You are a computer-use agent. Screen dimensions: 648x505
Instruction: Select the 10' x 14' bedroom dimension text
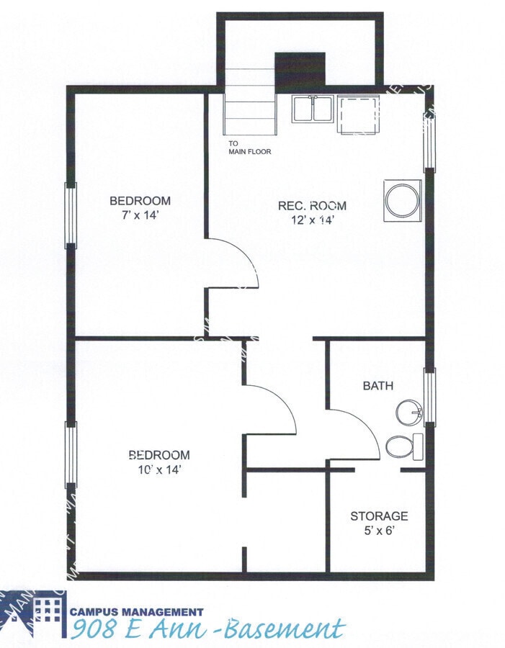pos(159,469)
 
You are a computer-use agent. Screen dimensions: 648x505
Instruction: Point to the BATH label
pos(377,386)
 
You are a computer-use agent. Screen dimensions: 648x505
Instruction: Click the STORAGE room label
pos(379,516)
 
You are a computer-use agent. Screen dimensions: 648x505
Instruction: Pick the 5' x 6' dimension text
pos(379,531)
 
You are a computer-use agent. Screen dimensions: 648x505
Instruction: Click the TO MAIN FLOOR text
pos(250,148)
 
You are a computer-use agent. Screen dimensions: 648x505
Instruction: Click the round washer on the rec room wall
pos(402,201)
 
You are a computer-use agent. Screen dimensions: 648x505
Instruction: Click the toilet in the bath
pos(403,446)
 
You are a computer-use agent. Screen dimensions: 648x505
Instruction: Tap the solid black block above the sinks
pos(300,70)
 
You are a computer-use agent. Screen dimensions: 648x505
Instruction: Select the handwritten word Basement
pos(282,629)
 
